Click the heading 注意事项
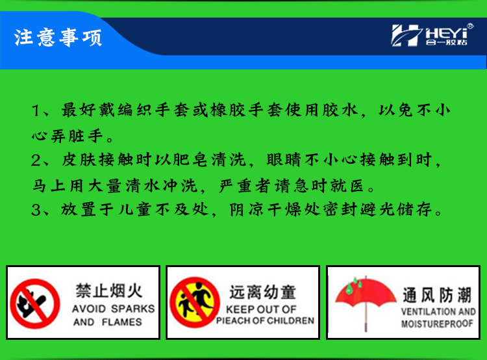tap(58, 38)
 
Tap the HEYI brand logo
tap(432, 35)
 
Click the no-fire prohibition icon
tap(35, 303)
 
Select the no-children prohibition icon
tap(195, 302)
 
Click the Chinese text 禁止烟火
tap(109, 290)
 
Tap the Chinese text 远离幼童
tap(262, 292)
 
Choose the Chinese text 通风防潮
tap(437, 295)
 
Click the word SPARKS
tap(133, 309)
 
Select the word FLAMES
tap(122, 322)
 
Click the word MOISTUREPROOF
tap(437, 324)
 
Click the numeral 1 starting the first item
tap(36, 110)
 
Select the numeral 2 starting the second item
tap(36, 161)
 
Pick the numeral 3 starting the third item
tap(36, 210)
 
